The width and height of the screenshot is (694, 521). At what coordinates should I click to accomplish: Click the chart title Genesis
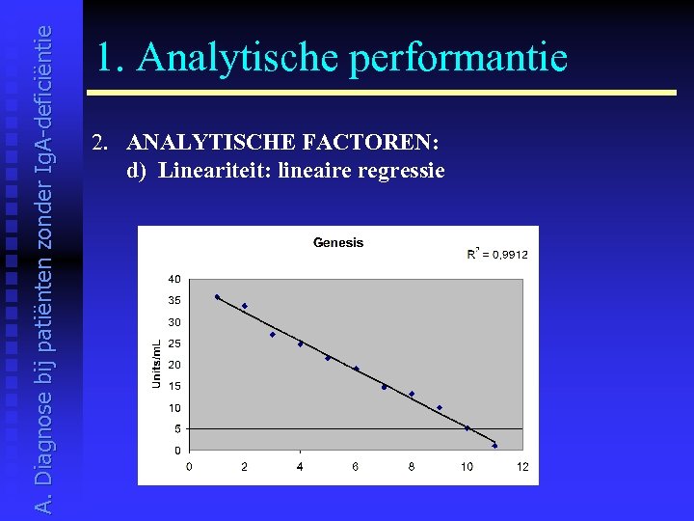pyautogui.click(x=338, y=242)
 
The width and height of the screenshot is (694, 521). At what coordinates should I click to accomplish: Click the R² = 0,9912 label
pyautogui.click(x=497, y=254)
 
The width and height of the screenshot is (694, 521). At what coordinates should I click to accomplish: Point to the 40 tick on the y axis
pyautogui.click(x=174, y=279)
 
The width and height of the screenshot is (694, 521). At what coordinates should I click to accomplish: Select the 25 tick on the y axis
pyautogui.click(x=174, y=343)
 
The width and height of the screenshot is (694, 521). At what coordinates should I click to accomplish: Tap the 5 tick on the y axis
pyautogui.click(x=176, y=428)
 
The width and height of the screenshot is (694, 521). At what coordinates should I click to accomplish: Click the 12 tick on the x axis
pyautogui.click(x=522, y=467)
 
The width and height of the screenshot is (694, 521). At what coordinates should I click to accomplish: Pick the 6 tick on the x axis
pyautogui.click(x=356, y=467)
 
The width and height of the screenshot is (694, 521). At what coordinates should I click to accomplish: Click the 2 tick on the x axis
pyautogui.click(x=244, y=467)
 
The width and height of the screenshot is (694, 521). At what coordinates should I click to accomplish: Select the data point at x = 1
pyautogui.click(x=217, y=297)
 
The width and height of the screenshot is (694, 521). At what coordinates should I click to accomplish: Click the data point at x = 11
pyautogui.click(x=494, y=446)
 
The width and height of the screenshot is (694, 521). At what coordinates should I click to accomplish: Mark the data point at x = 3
pyautogui.click(x=273, y=335)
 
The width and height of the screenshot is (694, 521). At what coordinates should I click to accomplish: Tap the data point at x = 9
pyautogui.click(x=440, y=408)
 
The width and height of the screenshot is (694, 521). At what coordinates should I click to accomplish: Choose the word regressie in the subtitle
pyautogui.click(x=401, y=171)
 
